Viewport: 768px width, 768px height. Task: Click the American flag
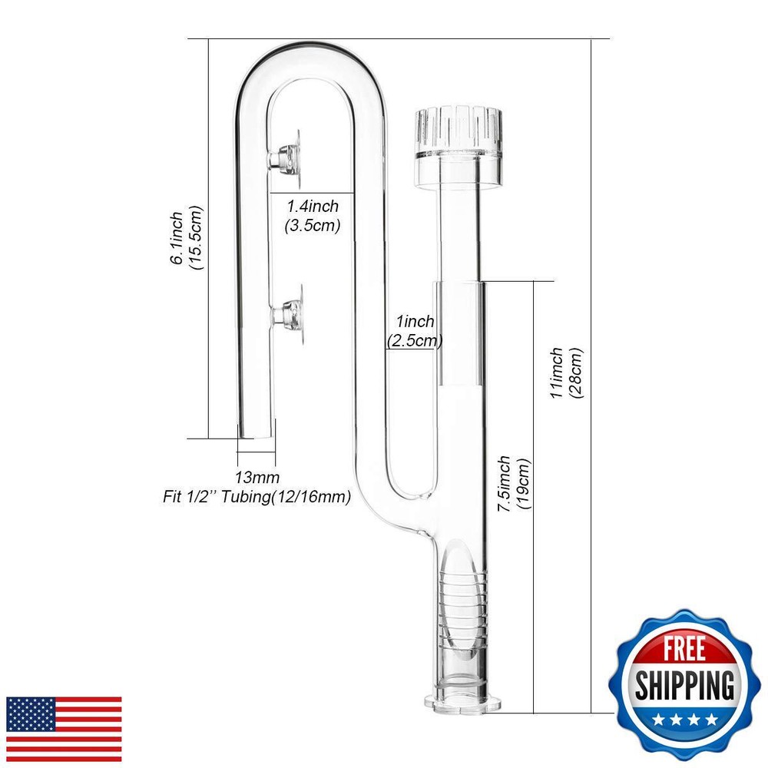(64, 729)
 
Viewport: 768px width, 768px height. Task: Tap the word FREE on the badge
(684, 648)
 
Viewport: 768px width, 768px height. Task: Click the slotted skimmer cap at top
(458, 147)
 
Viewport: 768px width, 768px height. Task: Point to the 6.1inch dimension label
(177, 239)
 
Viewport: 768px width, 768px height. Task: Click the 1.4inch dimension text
(313, 206)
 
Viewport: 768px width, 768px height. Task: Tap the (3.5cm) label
(313, 225)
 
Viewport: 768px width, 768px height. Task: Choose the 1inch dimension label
(415, 321)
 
